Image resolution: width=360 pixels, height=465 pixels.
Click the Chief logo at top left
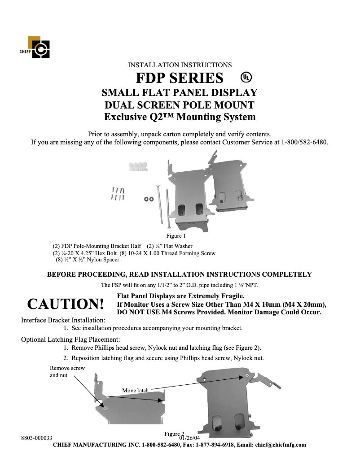[x=38, y=48]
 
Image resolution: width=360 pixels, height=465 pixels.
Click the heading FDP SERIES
[x=180, y=78]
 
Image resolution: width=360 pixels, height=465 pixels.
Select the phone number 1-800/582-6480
[x=304, y=143]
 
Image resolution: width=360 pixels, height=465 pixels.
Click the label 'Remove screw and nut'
[x=67, y=372]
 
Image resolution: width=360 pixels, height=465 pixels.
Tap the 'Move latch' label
[x=135, y=391]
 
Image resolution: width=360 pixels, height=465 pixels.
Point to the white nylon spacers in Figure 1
[x=139, y=167]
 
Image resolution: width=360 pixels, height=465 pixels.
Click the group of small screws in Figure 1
[x=118, y=194]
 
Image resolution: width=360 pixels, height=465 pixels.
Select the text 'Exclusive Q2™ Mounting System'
[x=180, y=117]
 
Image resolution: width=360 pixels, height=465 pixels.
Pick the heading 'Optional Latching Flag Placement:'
[x=70, y=339]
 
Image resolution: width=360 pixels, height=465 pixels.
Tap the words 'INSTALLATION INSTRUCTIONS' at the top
[x=180, y=65]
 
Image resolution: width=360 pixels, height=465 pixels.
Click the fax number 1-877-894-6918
[x=211, y=445]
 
